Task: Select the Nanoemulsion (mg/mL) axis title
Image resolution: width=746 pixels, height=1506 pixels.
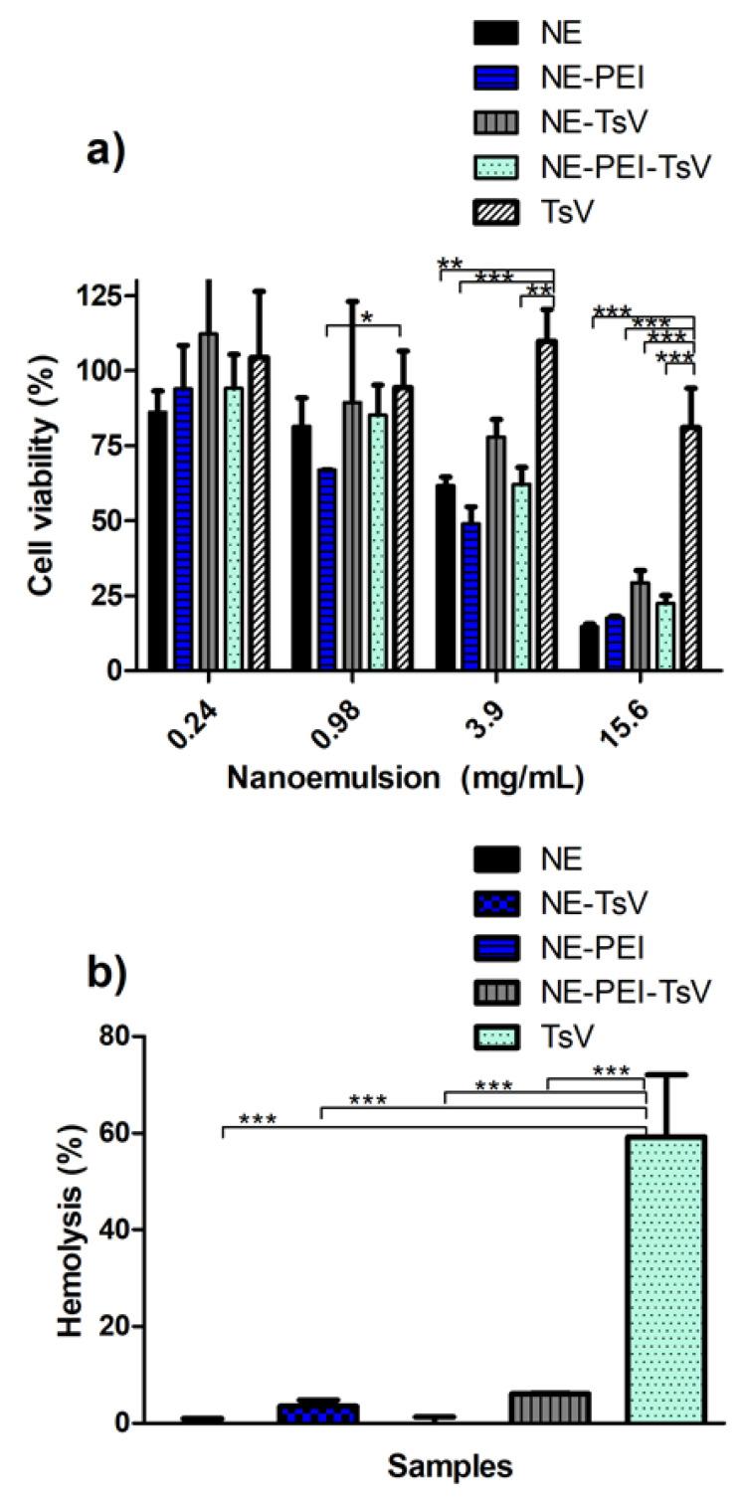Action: coord(404,780)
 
